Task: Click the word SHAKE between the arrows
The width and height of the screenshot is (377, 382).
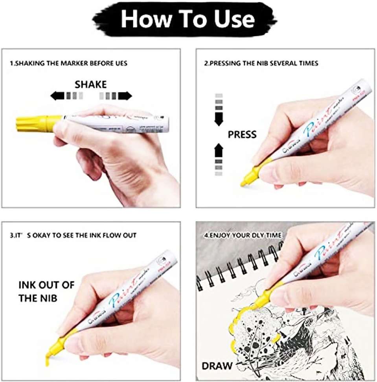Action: [91, 84]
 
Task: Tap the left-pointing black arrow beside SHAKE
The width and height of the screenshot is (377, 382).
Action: [57, 95]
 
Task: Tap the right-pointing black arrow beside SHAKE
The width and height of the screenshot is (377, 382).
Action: [125, 95]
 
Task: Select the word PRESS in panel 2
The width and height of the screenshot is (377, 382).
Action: [242, 135]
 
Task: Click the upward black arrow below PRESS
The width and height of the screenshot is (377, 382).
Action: [219, 151]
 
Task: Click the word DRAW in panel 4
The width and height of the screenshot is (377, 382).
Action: [217, 365]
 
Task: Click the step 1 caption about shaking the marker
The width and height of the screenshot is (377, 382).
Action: [69, 63]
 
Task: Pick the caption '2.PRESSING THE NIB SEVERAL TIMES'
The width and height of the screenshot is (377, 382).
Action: [261, 63]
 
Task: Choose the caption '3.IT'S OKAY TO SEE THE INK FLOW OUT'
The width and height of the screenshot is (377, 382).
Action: [73, 235]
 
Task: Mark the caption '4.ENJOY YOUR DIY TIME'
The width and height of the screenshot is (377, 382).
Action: [242, 235]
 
